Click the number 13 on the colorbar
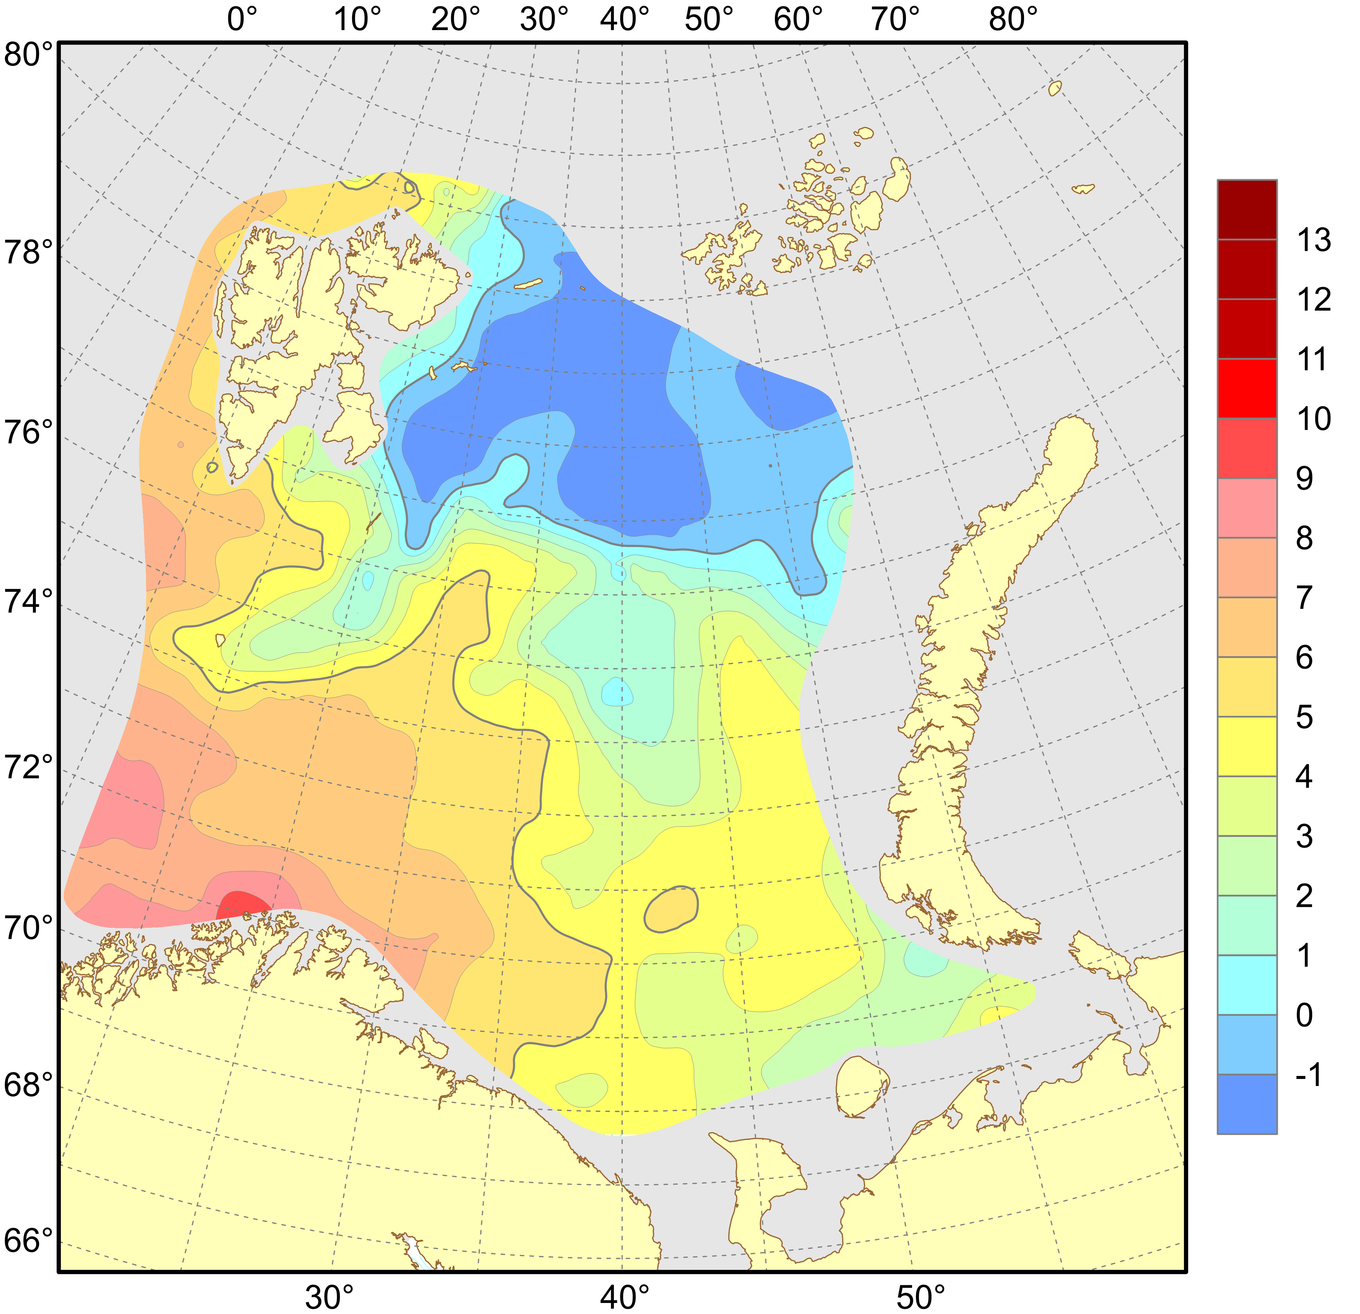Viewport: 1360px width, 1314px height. (1314, 240)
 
